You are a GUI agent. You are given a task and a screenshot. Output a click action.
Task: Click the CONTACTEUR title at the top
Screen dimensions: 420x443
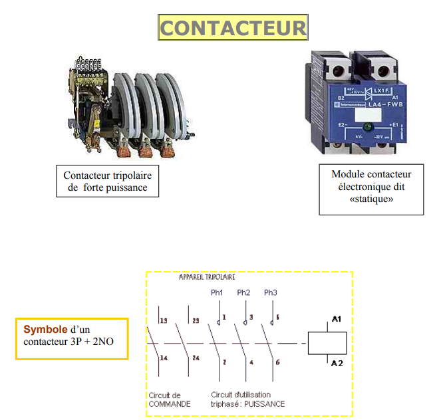pos(233,28)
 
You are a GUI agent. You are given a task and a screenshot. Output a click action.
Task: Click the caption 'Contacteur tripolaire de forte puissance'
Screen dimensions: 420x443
pos(107,181)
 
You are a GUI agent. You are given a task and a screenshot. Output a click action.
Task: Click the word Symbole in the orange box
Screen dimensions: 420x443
pos(45,329)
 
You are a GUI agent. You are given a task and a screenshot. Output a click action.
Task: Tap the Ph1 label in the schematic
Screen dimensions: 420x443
pos(217,292)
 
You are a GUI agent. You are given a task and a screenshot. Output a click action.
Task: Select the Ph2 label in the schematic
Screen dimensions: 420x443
pos(243,292)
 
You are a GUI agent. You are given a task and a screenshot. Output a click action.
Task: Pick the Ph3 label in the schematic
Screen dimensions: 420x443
pos(270,292)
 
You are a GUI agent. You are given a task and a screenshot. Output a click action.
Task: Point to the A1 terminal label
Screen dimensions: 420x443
pos(337,320)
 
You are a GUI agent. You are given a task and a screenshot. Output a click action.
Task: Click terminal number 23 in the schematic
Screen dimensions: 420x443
pos(194,321)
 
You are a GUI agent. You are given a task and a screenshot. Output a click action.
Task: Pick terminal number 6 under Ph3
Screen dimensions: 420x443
pos(277,362)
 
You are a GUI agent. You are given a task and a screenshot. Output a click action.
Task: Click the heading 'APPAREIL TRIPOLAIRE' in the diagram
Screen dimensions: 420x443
pos(207,277)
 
